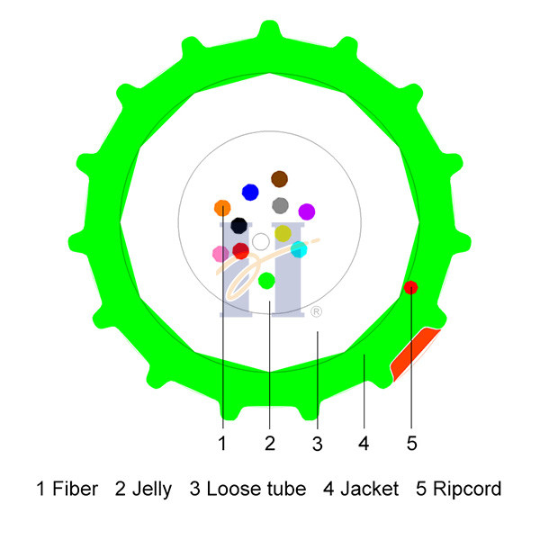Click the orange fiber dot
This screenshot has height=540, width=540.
click(x=222, y=208)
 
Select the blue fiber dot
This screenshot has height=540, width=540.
click(x=250, y=193)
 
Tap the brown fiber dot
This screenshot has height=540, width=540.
click(x=279, y=179)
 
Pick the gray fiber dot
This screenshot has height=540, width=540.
click(x=280, y=205)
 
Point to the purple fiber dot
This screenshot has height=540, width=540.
click(x=307, y=211)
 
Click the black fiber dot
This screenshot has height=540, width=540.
click(x=239, y=226)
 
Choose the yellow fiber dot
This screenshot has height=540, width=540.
click(x=283, y=233)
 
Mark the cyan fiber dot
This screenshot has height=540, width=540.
click(x=299, y=249)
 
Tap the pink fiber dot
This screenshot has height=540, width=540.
click(x=220, y=254)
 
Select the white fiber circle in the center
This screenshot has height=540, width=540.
click(x=261, y=242)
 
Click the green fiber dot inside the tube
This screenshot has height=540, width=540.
click(x=266, y=281)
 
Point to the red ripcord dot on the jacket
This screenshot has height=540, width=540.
click(x=411, y=288)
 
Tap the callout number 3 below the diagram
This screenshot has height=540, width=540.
click(x=317, y=444)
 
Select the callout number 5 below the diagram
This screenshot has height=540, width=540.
click(x=412, y=443)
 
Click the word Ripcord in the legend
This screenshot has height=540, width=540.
click(x=467, y=489)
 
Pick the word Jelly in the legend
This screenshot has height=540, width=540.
click(x=152, y=490)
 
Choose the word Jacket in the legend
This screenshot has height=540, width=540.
click(x=369, y=489)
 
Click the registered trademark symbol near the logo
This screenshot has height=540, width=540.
click(x=316, y=311)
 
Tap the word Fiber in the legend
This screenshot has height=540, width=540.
click(x=75, y=489)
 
